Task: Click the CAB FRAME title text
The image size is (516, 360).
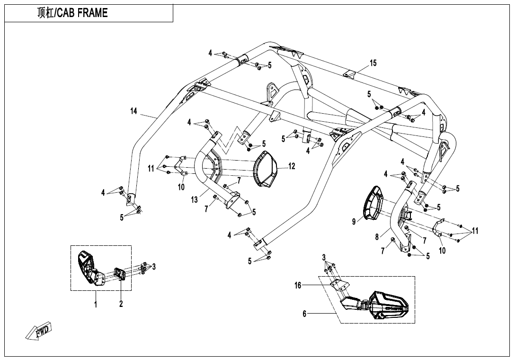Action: point(72,13)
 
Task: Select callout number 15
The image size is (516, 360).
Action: point(373,63)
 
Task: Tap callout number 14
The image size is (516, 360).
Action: point(134,111)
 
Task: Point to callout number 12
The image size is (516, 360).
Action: point(292,166)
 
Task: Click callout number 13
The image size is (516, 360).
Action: point(194,200)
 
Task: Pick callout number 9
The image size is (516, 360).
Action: point(354,221)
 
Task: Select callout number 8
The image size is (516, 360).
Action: point(377,237)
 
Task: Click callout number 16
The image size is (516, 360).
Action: point(298,285)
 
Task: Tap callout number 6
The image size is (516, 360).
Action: point(304,314)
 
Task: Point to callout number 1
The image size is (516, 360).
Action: point(96,304)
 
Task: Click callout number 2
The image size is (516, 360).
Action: point(121,304)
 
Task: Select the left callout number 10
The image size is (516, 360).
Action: point(181,187)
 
